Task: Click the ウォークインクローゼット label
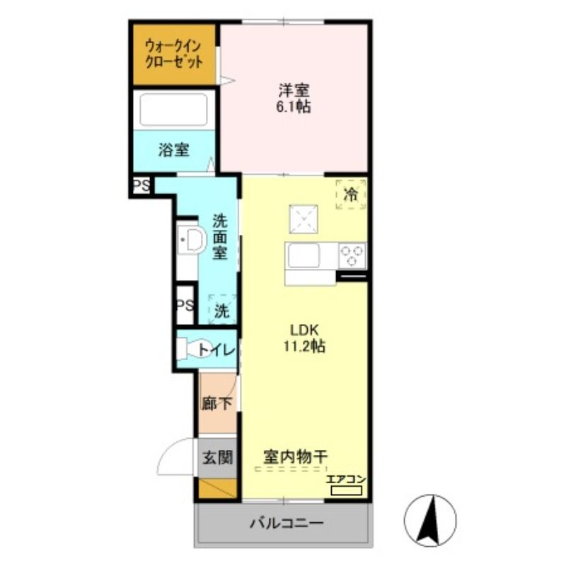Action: (173, 54)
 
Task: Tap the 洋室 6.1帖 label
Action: (294, 98)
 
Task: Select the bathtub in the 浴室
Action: (173, 110)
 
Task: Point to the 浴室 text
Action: (173, 150)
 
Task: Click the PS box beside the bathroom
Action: (141, 186)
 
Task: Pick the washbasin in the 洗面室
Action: (191, 240)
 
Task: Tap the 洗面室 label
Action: (220, 236)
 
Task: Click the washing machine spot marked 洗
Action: (222, 310)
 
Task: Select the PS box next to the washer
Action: (185, 306)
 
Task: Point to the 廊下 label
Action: (216, 403)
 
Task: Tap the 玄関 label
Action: (217, 458)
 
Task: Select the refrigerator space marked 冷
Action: (351, 194)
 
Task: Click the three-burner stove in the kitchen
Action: (352, 255)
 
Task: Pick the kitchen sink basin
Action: (304, 255)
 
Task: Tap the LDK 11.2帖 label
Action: (304, 338)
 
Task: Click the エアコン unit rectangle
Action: (347, 490)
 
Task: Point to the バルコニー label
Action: (287, 523)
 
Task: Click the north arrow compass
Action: (430, 521)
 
